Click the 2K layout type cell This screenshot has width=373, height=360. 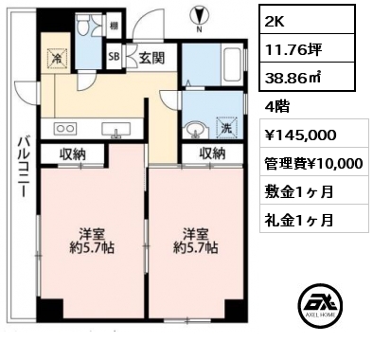[x=307, y=19]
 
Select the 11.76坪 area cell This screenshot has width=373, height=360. [x=307, y=48]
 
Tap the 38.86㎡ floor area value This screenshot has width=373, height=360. [x=307, y=77]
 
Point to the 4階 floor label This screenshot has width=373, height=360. [x=277, y=107]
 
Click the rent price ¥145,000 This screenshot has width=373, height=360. [x=314, y=133]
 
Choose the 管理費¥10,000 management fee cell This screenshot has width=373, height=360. [x=314, y=161]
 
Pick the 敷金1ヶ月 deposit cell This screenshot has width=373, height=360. [x=314, y=189]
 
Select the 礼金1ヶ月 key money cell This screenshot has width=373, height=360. [x=314, y=219]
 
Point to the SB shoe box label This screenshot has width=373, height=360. [x=114, y=57]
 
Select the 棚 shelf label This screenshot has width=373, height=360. [x=114, y=26]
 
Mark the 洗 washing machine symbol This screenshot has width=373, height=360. [x=226, y=127]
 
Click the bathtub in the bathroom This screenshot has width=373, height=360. [x=233, y=64]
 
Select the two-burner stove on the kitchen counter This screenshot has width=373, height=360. [x=65, y=128]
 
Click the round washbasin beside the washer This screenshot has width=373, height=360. [x=196, y=130]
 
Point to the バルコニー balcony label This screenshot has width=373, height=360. [x=23, y=167]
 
